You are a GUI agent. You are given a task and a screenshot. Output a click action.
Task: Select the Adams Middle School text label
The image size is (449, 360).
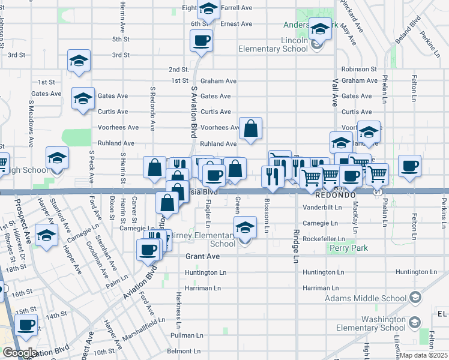click(x=365, y=298)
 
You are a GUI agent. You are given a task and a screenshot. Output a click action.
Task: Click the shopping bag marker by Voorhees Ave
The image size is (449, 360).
click(x=250, y=128)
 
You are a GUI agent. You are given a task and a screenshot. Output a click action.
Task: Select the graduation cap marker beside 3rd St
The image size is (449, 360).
click(x=78, y=61)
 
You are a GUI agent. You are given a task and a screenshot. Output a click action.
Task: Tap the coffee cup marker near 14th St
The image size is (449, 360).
click(x=26, y=325)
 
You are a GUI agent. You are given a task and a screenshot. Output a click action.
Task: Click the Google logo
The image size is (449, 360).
click(x=19, y=353)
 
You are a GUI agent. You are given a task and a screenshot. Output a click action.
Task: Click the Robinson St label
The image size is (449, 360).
click(x=359, y=70)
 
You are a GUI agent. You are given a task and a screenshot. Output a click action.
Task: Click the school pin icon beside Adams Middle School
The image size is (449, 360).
click(x=415, y=298)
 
